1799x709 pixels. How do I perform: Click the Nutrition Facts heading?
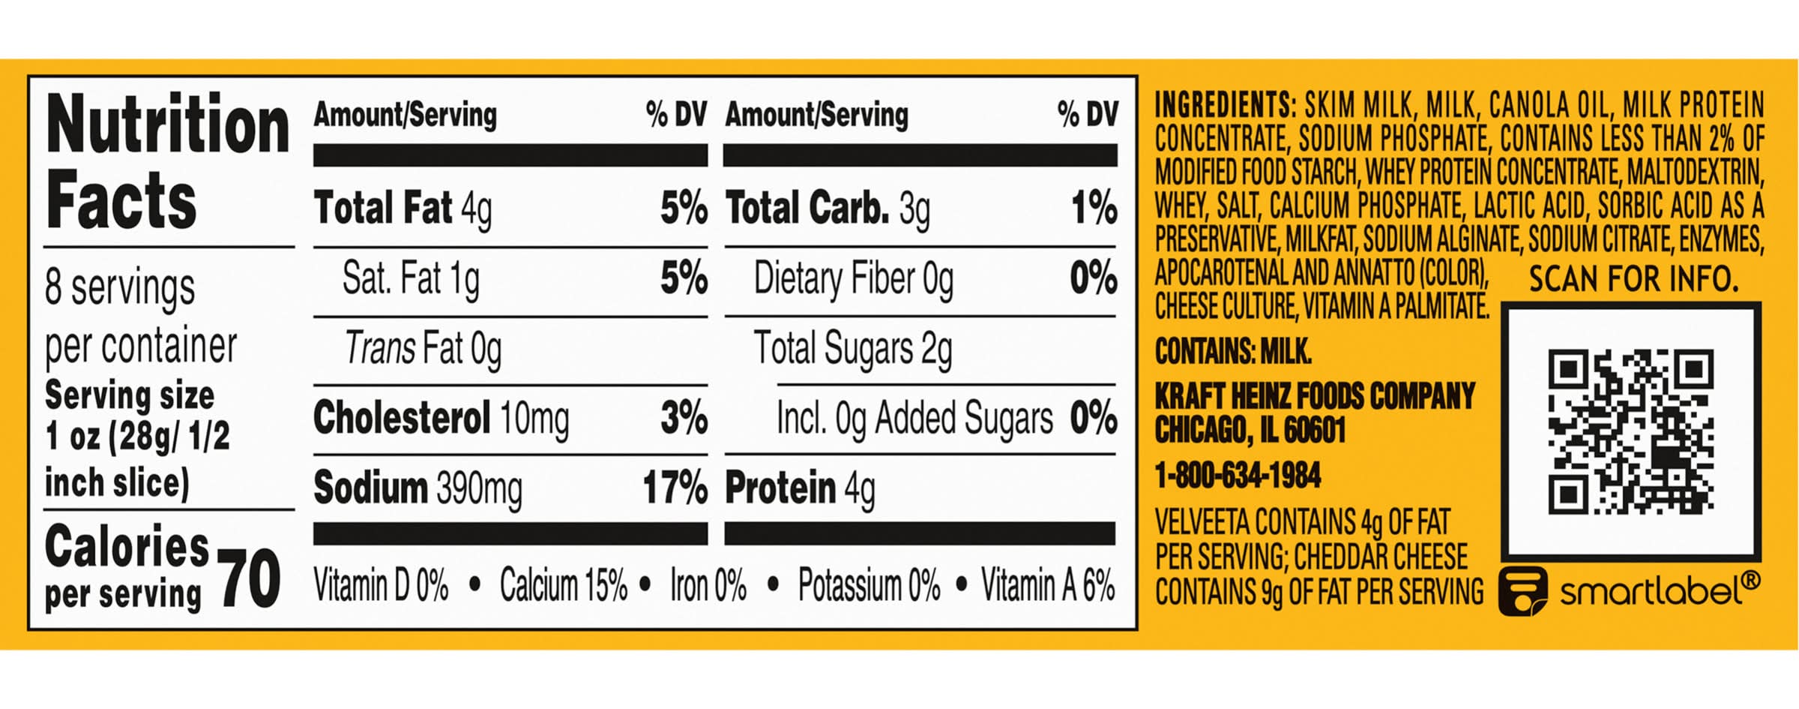166,161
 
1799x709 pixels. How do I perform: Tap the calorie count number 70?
250,579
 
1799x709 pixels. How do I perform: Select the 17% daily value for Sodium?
675,488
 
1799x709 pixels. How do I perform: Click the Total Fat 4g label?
403,208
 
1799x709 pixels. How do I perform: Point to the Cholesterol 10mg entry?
441,418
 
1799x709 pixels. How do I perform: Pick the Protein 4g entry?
800,488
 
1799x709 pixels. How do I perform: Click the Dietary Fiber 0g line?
853,278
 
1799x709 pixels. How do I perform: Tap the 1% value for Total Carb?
1094,208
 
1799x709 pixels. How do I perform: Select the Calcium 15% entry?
563,585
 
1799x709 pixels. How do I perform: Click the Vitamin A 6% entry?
1048,585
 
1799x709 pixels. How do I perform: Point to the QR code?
1630,431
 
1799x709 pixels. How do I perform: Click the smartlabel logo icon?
1522,590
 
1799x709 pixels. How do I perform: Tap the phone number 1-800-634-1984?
1238,476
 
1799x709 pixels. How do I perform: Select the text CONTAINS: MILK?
1233,351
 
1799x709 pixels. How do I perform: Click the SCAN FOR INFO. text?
1633,279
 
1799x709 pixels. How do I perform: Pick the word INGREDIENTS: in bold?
1225,105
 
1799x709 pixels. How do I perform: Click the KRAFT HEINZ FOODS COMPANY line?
1315,395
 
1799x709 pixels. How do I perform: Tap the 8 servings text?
120,287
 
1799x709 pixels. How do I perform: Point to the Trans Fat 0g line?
423,349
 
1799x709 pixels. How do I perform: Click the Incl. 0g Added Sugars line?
914,418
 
